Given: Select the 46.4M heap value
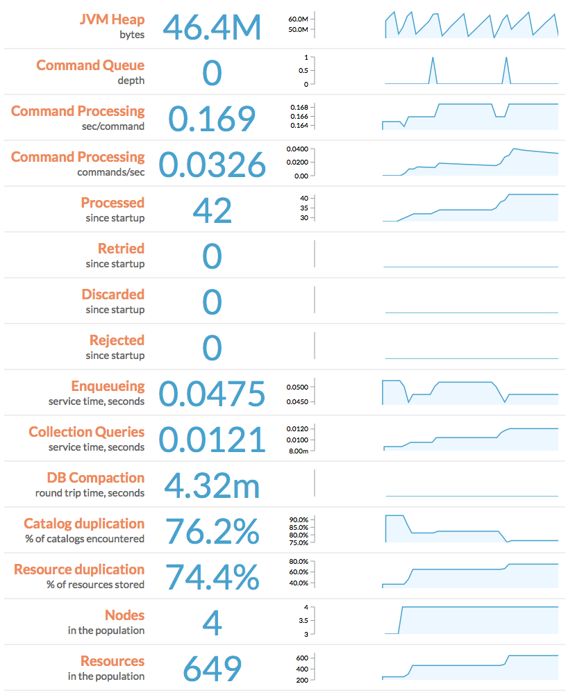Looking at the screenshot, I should (x=212, y=28).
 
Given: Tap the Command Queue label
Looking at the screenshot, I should (x=90, y=65).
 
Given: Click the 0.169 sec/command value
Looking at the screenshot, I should (x=212, y=119).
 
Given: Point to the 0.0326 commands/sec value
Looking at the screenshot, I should (x=212, y=165).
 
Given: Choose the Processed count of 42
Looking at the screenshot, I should (x=212, y=211).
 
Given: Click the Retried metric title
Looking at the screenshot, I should (x=121, y=249).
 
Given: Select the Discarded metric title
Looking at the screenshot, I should (x=112, y=294).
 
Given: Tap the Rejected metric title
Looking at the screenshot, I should (x=117, y=340).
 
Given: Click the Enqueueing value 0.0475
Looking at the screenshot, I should (x=212, y=394).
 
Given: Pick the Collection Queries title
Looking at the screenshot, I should (x=86, y=432).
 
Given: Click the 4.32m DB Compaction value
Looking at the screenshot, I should (x=212, y=486).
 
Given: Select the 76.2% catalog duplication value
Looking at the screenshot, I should (x=212, y=532).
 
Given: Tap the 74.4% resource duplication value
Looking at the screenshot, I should (x=212, y=578).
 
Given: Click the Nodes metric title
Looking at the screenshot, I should (x=124, y=615).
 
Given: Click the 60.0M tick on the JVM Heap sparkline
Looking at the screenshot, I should (x=298, y=19).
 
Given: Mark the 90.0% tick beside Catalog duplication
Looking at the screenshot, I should (x=298, y=519).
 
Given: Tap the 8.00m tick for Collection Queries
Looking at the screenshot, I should (x=298, y=451).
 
